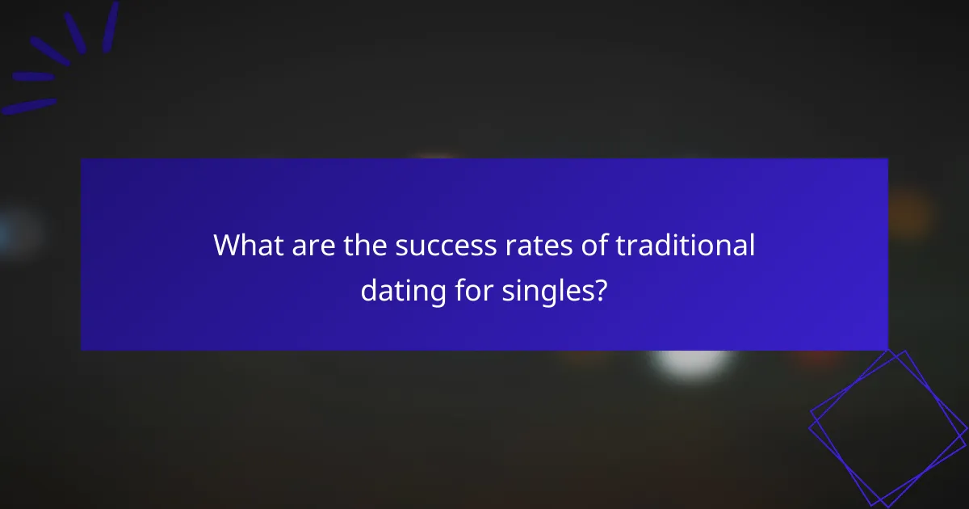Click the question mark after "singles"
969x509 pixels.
point(600,288)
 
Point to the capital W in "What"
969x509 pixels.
point(227,246)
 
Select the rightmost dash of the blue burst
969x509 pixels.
point(111,27)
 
